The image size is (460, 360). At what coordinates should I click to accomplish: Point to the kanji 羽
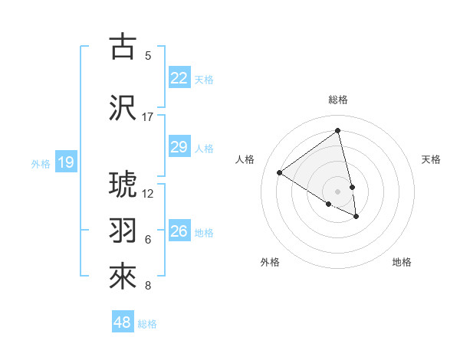tap(123, 230)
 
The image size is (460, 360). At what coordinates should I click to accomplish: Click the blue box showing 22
tap(179, 78)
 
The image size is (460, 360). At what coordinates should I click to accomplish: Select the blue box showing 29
tap(179, 147)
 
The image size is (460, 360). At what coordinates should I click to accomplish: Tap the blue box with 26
tap(179, 231)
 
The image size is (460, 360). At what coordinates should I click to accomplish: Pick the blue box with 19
tap(65, 162)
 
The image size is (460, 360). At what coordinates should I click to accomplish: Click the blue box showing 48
tap(123, 322)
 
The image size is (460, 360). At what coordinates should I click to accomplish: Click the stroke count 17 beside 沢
tap(148, 117)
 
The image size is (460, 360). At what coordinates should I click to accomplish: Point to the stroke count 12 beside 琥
tap(148, 194)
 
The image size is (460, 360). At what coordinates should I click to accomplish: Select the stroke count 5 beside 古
tap(148, 56)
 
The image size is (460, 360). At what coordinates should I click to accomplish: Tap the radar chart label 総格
tap(338, 100)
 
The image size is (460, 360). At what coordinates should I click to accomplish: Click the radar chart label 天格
tap(431, 159)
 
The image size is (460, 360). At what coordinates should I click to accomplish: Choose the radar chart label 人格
tap(245, 159)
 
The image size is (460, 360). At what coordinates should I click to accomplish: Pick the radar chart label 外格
tap(270, 262)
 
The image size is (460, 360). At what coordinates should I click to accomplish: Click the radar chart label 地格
tap(402, 262)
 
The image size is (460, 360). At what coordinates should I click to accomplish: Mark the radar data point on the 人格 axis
tap(280, 173)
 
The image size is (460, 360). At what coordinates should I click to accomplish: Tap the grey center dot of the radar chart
tap(338, 191)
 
